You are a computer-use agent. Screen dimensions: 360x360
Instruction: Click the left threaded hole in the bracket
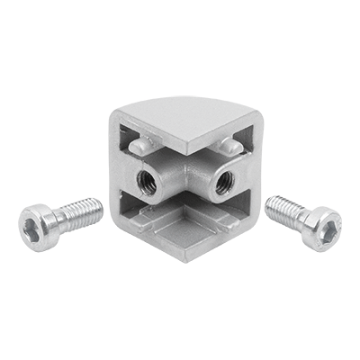[146, 179]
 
